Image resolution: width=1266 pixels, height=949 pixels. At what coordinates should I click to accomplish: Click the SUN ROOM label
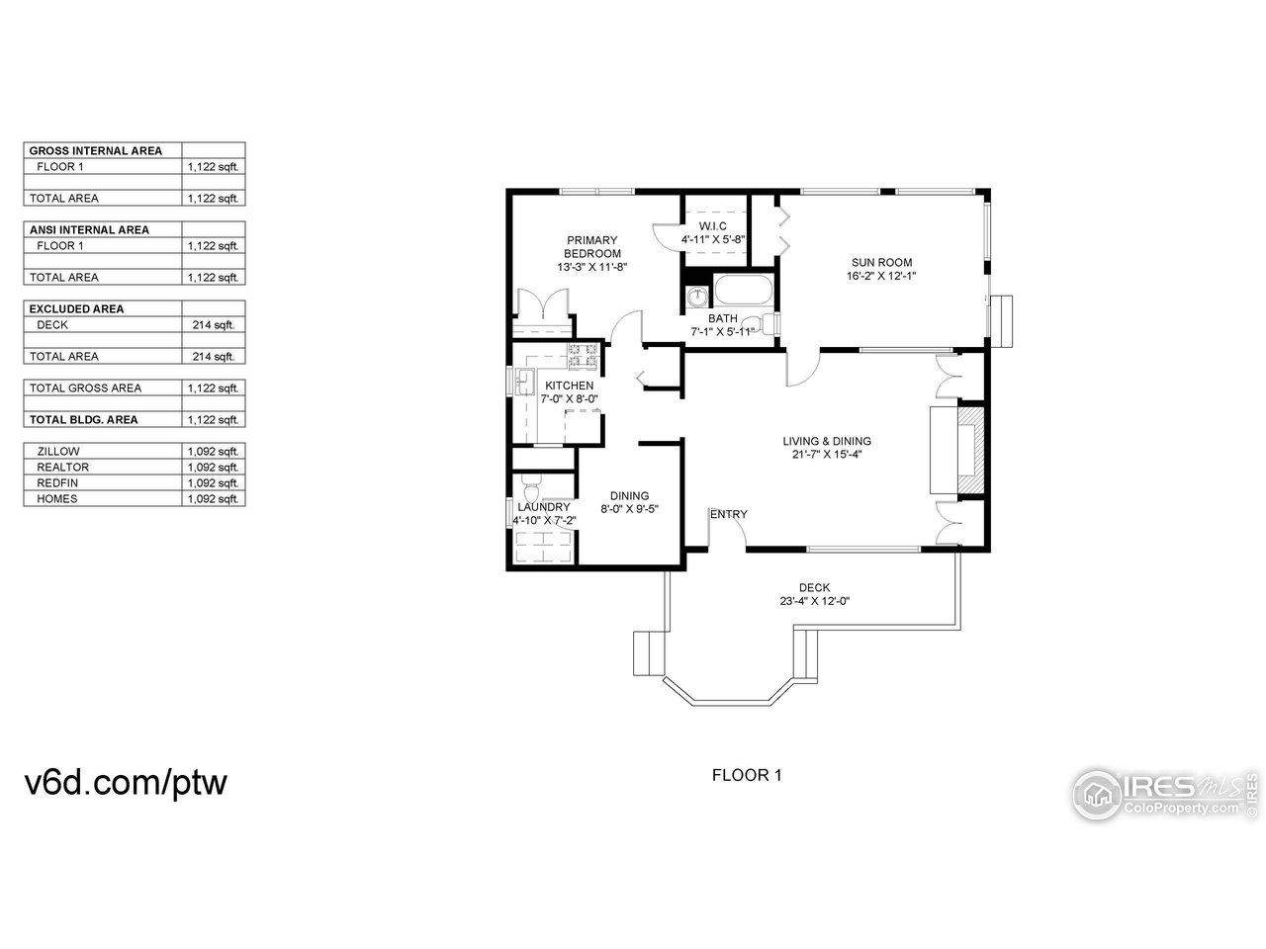[x=881, y=263]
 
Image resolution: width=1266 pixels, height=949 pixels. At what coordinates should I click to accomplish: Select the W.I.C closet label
[x=712, y=226]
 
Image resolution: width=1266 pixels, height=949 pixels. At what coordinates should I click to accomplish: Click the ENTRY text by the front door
[x=729, y=514]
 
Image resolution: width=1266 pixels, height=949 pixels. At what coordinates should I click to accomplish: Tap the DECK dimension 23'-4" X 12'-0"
[x=814, y=601]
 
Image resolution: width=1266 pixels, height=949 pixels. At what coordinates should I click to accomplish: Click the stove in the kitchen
[x=583, y=352]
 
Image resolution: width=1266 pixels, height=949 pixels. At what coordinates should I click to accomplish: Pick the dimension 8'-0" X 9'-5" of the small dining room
[x=629, y=510]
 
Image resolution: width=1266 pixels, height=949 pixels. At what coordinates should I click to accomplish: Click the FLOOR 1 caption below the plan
[x=747, y=775]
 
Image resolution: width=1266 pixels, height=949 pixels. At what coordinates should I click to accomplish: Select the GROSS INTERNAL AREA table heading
[x=96, y=151]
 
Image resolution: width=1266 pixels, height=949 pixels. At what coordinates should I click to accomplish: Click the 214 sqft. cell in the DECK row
[x=214, y=324]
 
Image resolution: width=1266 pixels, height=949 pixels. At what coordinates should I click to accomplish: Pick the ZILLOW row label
[x=58, y=451]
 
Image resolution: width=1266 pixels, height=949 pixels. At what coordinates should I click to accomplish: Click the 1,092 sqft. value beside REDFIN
[x=214, y=482]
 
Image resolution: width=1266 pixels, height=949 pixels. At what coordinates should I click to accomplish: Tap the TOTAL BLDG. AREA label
[x=83, y=419]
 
